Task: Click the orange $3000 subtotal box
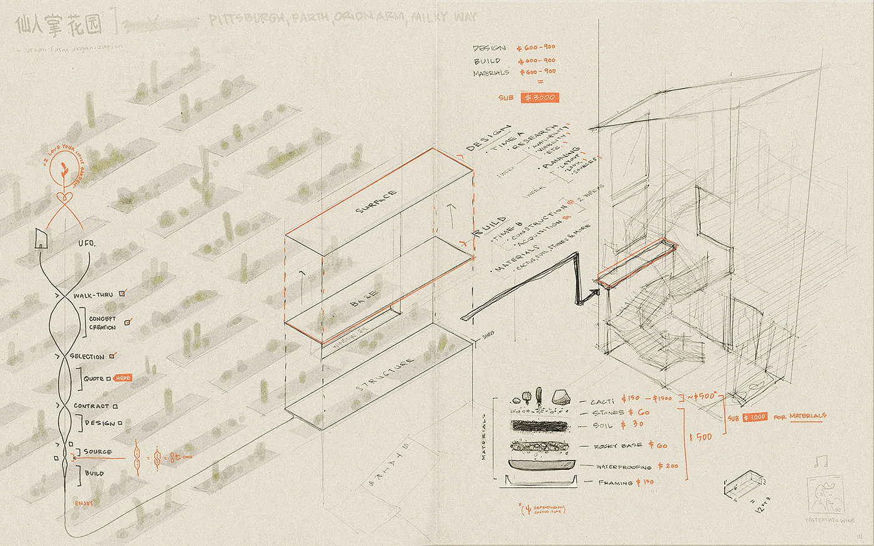pos(539,97)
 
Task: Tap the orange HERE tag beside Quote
pos(123,378)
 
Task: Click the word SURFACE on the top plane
pos(376,201)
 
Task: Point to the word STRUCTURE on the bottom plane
pos(385,375)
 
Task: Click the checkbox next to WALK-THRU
pos(122,292)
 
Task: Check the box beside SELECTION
pos(112,356)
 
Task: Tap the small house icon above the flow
pos(41,238)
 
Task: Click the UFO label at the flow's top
pos(87,243)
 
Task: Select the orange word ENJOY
pos(84,503)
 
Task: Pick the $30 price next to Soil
pos(632,424)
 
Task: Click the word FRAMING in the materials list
pos(616,482)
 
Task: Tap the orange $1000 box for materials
pos(755,417)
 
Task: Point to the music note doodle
pos(820,462)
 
